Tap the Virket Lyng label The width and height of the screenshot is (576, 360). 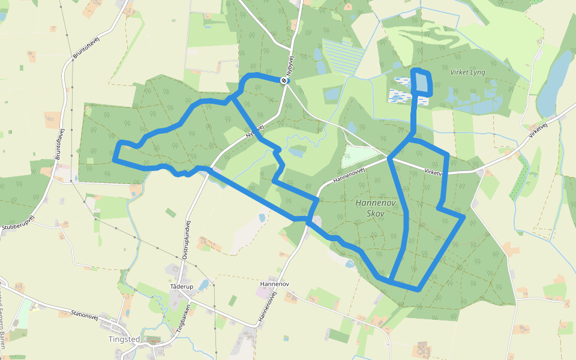coord(467,72)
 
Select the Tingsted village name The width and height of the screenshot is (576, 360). coord(124,339)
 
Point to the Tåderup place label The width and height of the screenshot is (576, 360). coord(182,287)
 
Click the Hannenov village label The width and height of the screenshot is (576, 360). coord(275,283)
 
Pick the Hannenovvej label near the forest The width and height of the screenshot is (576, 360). coord(349,176)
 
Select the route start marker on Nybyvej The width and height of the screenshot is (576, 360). coord(284,80)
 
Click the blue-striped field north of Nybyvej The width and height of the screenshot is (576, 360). coord(343,56)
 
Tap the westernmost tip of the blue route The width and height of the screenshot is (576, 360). coord(114,160)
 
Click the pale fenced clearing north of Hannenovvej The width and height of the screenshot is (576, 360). coord(359,156)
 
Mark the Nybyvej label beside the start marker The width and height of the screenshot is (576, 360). coord(291,66)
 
